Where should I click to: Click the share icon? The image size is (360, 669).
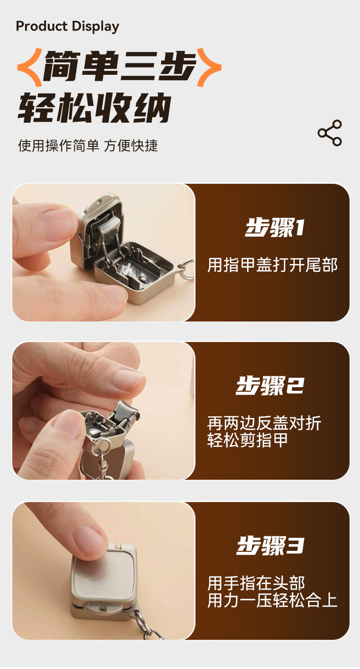(329, 133)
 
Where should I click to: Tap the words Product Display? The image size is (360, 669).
(67, 26)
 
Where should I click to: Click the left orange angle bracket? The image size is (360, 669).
(30, 67)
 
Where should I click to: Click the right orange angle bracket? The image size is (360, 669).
(209, 67)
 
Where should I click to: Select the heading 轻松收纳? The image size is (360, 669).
(94, 108)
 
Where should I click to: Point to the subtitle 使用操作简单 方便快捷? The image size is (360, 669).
(88, 146)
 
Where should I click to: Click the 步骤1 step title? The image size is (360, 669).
(274, 228)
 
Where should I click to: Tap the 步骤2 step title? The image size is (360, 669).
(270, 385)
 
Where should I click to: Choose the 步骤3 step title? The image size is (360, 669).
(270, 545)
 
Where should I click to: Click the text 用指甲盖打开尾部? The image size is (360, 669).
(272, 265)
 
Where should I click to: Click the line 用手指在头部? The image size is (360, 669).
(256, 583)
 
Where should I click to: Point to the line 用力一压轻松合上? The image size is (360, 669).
(272, 600)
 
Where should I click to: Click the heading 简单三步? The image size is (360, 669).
(119, 66)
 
